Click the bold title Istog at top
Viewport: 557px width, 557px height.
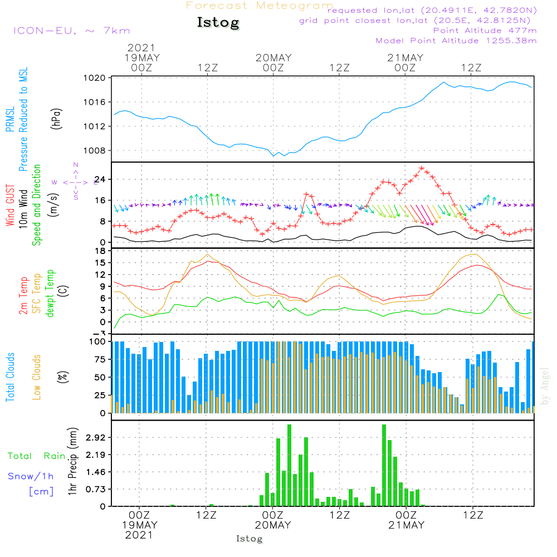tap(218, 23)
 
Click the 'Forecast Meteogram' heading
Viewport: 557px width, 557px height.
tap(260, 6)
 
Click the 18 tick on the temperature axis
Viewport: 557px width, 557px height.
tap(101, 251)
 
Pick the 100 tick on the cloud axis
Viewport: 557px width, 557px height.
tap(98, 341)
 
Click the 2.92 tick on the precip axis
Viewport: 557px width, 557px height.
tap(95, 438)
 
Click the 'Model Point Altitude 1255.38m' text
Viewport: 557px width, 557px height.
tap(456, 41)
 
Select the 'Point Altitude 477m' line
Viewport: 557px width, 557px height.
tap(485, 31)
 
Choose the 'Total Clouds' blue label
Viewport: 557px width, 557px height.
tap(11, 377)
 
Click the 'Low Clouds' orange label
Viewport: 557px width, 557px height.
tap(37, 377)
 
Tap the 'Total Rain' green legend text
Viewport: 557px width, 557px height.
tap(36, 456)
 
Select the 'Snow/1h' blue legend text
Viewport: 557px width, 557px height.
tap(31, 476)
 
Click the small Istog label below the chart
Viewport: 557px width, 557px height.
tap(249, 539)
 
